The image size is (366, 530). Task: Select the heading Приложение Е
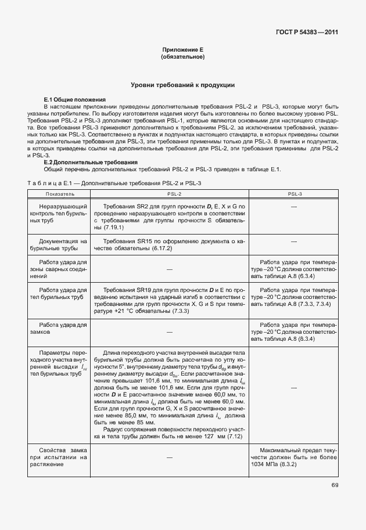tap(182, 51)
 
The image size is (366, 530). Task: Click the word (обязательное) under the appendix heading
tap(182, 57)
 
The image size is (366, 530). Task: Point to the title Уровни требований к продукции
tap(182, 85)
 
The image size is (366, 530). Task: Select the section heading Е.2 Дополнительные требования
tap(91, 162)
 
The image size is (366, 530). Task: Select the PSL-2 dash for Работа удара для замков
tap(170, 331)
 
